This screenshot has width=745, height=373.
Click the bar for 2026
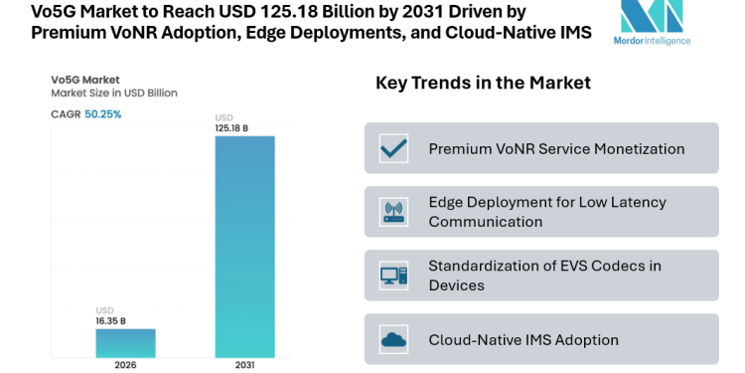coord(124,343)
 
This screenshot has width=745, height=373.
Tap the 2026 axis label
coord(124,366)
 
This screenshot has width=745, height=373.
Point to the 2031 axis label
coord(244,366)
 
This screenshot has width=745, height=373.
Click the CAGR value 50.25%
coord(102,114)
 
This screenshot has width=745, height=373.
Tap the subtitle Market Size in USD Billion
coord(114,93)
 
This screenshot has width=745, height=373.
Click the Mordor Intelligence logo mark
coord(652,17)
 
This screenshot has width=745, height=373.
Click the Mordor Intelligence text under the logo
coord(652,41)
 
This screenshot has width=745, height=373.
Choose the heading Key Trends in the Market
coord(483,83)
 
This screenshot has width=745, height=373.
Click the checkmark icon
coord(394,148)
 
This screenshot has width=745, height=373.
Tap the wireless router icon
coord(394,212)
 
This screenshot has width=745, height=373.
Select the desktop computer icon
coord(394,276)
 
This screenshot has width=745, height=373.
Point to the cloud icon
coord(394,340)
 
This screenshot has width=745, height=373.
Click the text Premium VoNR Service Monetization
coord(556,148)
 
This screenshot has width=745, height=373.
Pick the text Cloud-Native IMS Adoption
coord(523,340)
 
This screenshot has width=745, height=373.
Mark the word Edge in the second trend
coord(446,202)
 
